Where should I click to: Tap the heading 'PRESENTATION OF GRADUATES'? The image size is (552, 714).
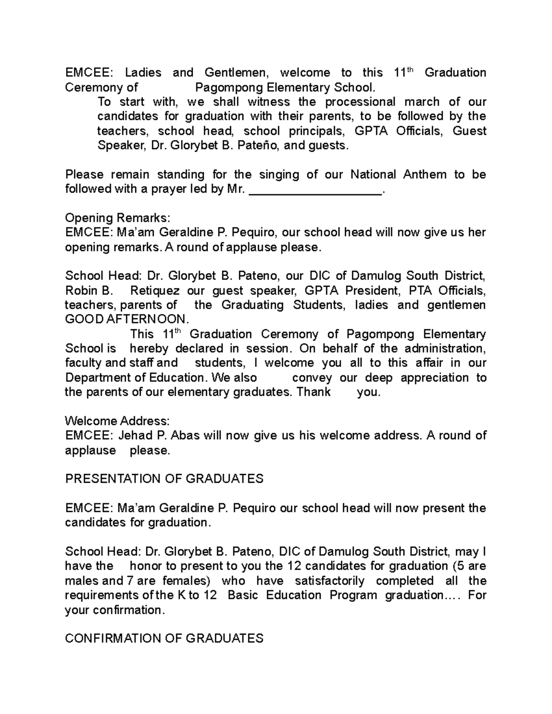164,479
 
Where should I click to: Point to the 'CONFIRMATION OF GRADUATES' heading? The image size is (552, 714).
164,638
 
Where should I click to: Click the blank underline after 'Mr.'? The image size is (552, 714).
315,190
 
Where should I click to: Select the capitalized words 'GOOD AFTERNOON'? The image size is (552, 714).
127,320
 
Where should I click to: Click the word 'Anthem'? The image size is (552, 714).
424,175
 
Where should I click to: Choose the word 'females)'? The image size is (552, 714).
189,580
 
